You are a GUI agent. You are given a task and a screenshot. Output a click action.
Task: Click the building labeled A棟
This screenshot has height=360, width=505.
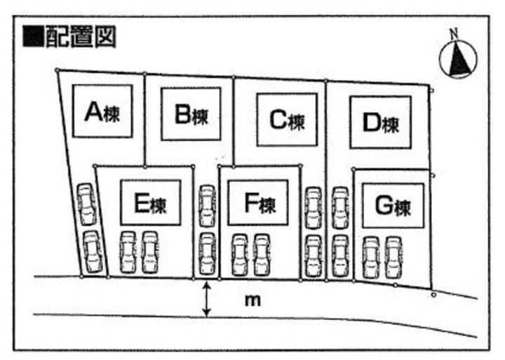coord(103,112)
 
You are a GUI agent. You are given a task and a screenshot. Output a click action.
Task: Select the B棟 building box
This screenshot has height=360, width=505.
coord(191,114)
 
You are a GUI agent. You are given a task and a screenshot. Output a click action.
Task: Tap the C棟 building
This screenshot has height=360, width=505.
coord(286,120)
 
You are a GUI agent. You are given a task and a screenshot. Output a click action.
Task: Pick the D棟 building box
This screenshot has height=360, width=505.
coord(379,123)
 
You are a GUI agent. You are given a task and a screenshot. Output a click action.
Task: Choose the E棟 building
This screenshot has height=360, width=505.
coord(150,203)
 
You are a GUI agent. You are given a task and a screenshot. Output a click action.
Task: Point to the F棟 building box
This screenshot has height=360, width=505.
coord(258,203)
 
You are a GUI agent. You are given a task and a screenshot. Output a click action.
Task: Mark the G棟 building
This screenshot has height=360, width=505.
coord(392,206)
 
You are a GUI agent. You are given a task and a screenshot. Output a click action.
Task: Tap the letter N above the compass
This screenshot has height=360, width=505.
coord(454,33)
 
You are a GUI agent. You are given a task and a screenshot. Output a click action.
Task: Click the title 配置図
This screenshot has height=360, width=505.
coord(80,36)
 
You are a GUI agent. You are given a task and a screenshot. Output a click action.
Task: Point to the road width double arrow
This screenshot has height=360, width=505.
coord(207,299)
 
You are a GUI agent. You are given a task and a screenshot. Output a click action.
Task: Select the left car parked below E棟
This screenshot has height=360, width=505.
coord(128,252)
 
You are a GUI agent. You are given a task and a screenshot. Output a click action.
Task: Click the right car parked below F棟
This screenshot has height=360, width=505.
coord(261,254)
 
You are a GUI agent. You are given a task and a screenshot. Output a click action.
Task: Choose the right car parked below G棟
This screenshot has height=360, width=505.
coord(393,257)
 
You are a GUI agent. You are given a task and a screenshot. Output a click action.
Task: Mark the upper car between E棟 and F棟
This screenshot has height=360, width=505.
coord(206,205)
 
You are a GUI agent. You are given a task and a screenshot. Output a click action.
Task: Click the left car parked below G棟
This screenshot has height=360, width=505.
coord(370,257)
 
